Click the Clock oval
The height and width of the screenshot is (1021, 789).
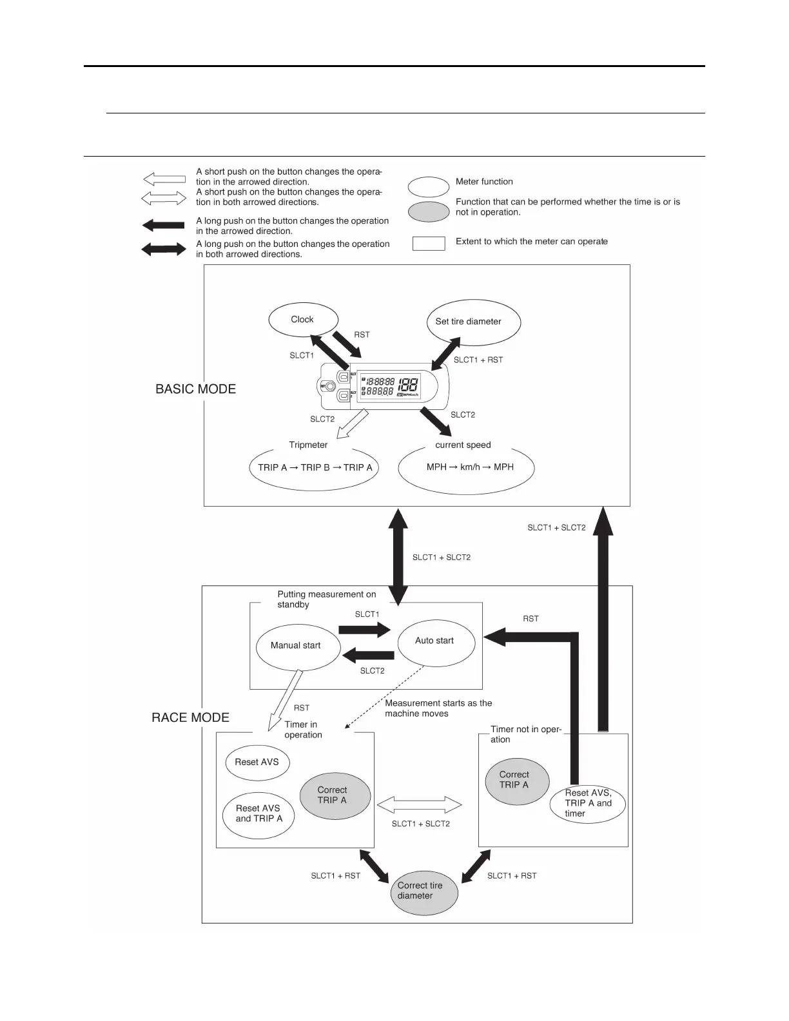[x=303, y=320]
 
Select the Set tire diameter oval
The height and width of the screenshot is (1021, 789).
[x=473, y=322]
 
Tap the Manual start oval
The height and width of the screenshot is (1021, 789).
[x=297, y=646]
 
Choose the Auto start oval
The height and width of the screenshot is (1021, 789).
[x=436, y=641]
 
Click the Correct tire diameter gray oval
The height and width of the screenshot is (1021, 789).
[x=424, y=891]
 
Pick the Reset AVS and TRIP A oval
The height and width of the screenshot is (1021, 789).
[x=258, y=815]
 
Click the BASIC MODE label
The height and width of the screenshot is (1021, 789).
[x=196, y=389]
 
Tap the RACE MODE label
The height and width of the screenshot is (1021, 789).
[x=190, y=718]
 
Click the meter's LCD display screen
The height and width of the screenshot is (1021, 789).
[x=389, y=386]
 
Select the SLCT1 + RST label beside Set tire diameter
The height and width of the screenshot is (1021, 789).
[x=478, y=360]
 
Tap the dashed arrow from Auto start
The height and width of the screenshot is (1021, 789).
[x=384, y=697]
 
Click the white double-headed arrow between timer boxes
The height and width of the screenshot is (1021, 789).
[x=419, y=805]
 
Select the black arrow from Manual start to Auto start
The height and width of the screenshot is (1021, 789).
[x=365, y=630]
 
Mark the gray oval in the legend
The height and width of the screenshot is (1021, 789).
[x=429, y=211]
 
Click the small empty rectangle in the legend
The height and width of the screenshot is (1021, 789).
[x=429, y=243]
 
